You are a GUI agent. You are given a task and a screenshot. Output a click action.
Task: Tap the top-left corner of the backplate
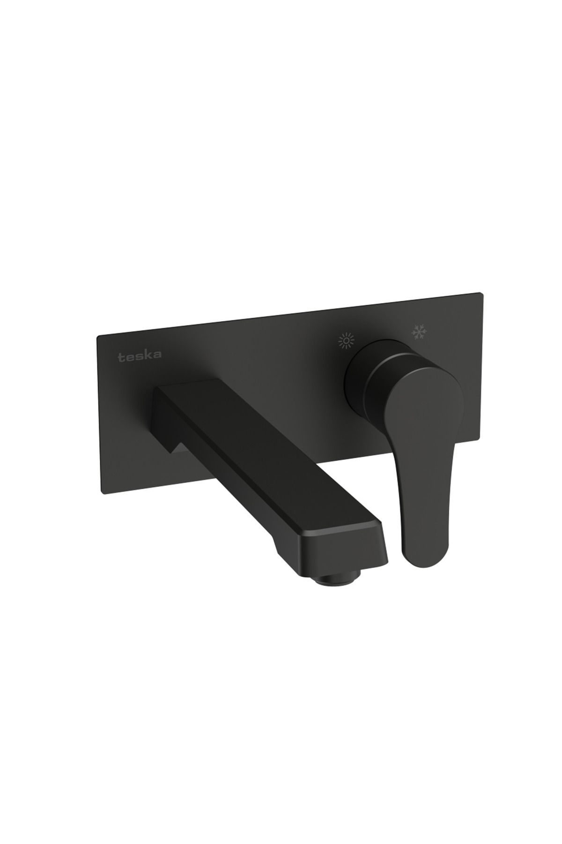pos(97,336)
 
